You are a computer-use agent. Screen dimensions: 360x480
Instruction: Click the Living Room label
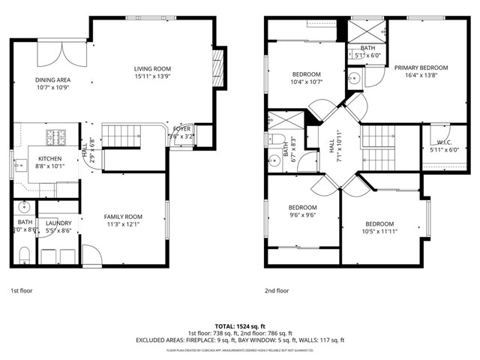(x=152, y=68)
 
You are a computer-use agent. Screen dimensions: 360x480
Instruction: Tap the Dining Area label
(x=52, y=79)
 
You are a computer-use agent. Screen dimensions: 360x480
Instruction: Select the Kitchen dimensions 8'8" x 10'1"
(x=49, y=166)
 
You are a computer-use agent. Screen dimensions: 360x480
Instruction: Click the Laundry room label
(x=58, y=223)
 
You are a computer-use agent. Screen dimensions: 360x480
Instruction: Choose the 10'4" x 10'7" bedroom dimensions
(x=306, y=82)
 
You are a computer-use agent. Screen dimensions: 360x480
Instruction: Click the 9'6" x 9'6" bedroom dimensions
(x=303, y=215)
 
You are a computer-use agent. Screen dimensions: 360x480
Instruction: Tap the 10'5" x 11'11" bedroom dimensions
(x=379, y=232)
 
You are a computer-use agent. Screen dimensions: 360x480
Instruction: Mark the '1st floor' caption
(x=21, y=290)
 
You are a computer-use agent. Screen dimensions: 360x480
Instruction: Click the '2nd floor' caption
(x=277, y=290)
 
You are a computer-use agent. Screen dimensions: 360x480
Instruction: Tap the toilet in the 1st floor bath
(x=22, y=253)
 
